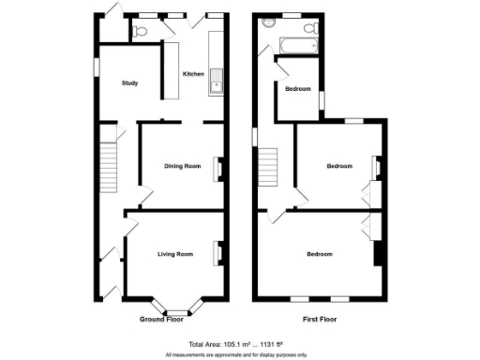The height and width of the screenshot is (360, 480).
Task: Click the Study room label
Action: tap(130, 83)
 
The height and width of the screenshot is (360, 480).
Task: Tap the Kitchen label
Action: tap(193, 74)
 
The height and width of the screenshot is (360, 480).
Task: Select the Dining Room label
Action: tap(183, 166)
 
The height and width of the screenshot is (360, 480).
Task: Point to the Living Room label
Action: tap(175, 253)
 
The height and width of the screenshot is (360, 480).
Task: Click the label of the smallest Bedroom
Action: tap(298, 89)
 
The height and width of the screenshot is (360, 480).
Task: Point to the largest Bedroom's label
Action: tap(320, 253)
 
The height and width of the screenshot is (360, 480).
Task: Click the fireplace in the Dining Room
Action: tap(220, 167)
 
